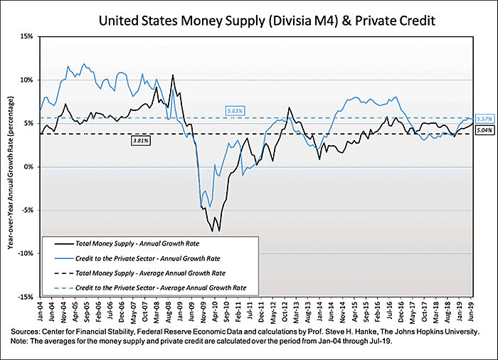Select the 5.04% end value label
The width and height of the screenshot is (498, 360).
pyautogui.click(x=483, y=132)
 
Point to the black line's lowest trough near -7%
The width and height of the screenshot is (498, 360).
pyautogui.click(x=219, y=231)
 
